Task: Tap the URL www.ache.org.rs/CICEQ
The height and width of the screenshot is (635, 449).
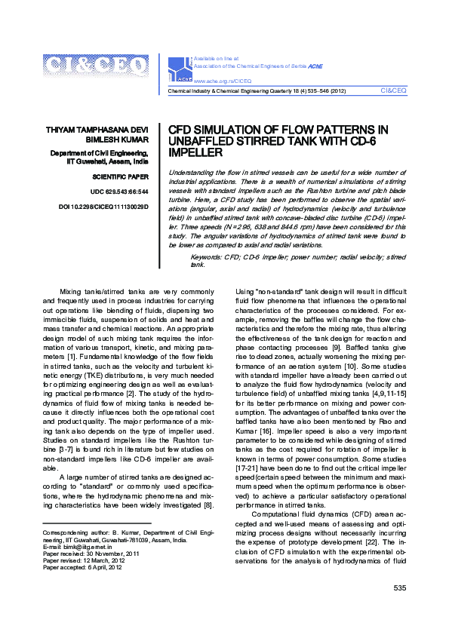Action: coord(223,80)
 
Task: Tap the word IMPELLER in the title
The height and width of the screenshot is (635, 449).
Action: coord(195,152)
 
